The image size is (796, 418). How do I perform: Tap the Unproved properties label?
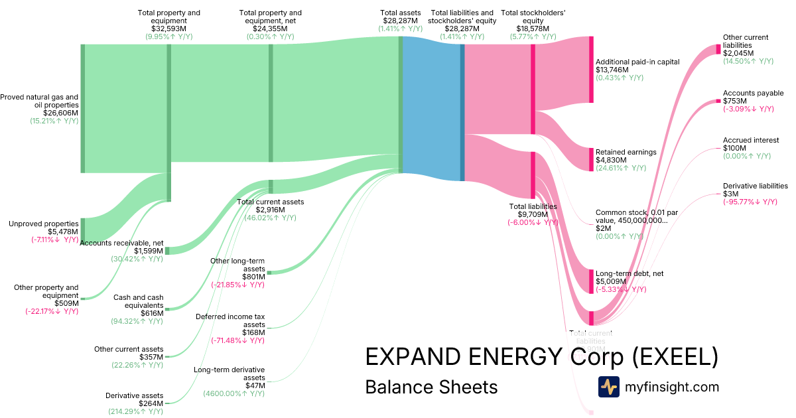tap(43, 224)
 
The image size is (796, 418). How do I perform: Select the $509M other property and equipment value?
tap(66, 303)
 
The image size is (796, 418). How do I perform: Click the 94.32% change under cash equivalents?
tap(137, 321)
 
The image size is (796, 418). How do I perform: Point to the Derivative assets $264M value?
tap(151, 403)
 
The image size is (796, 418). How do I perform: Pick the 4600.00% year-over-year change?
tap(233, 393)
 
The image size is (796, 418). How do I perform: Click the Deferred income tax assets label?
tap(230, 320)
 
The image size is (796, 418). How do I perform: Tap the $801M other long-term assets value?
tap(253, 276)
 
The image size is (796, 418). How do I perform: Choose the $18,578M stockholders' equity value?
tap(528, 29)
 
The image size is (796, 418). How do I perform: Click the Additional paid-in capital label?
tap(637, 62)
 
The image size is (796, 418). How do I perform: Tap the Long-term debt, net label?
tap(630, 273)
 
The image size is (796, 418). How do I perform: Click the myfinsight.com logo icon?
tap(608, 387)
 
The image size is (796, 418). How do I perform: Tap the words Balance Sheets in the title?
tap(431, 387)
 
